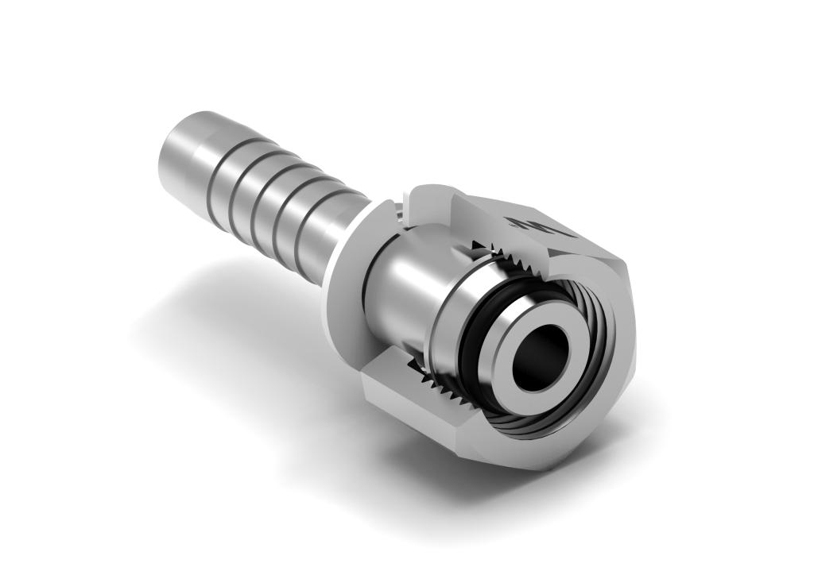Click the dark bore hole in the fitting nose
541,359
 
